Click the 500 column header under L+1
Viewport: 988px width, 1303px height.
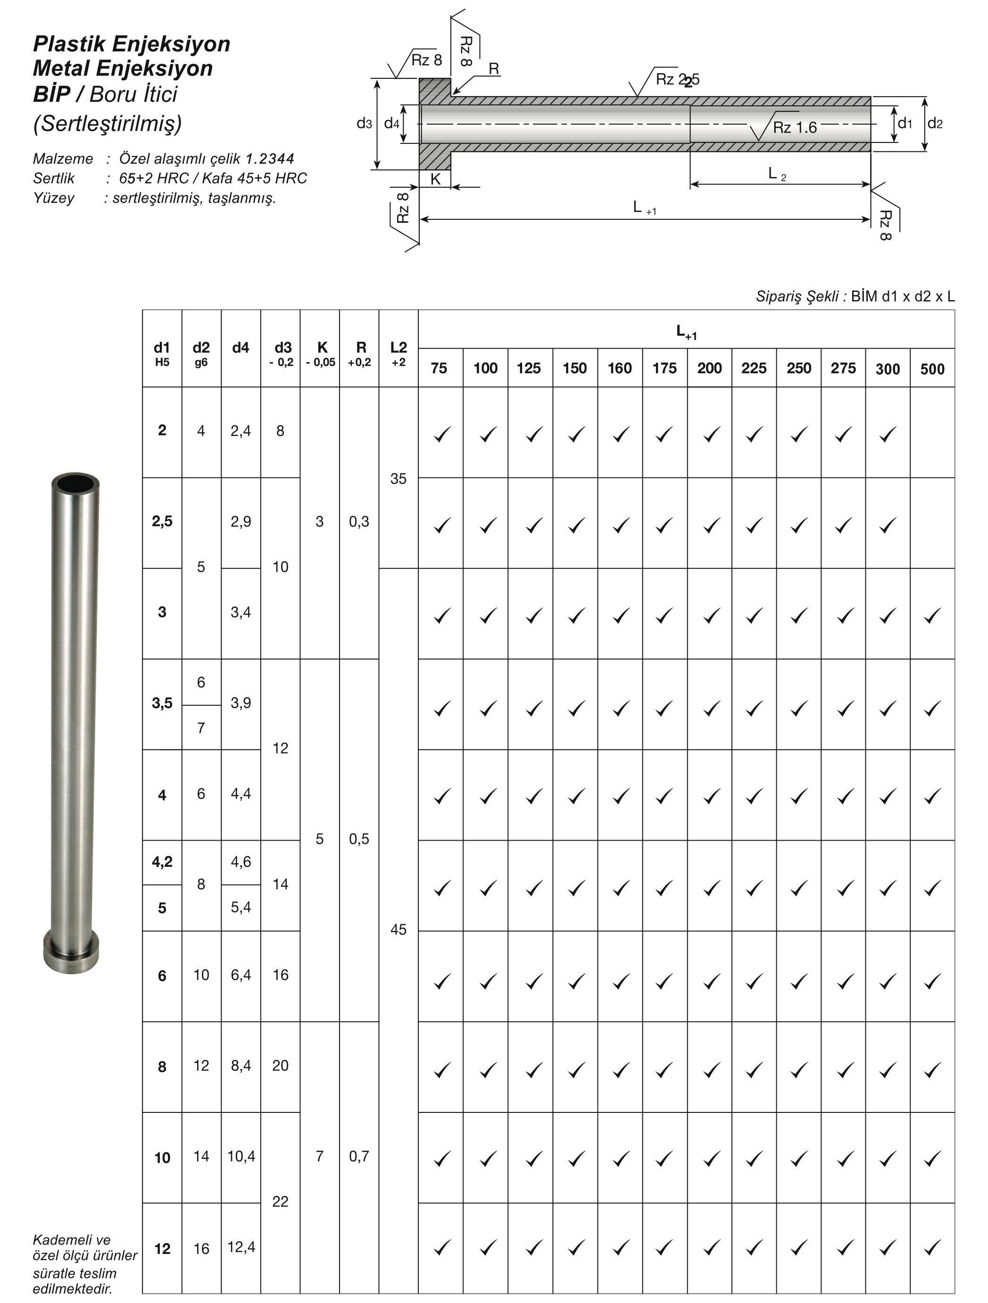(932, 369)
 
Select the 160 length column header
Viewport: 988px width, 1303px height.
(619, 369)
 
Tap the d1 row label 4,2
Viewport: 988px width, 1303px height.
(162, 862)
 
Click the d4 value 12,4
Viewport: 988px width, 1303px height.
(241, 1247)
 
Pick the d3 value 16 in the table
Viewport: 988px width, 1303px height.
(280, 975)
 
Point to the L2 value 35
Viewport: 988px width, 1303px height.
(399, 479)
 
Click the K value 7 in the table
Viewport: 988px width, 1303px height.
(320, 1156)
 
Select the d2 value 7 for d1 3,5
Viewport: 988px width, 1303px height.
(201, 728)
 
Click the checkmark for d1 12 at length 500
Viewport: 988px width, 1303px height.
(932, 1248)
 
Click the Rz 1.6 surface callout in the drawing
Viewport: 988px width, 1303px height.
(794, 128)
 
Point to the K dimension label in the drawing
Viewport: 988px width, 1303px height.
(435, 180)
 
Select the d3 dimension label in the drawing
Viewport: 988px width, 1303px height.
(365, 124)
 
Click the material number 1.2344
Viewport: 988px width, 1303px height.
(270, 159)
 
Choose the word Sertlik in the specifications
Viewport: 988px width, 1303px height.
(54, 178)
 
